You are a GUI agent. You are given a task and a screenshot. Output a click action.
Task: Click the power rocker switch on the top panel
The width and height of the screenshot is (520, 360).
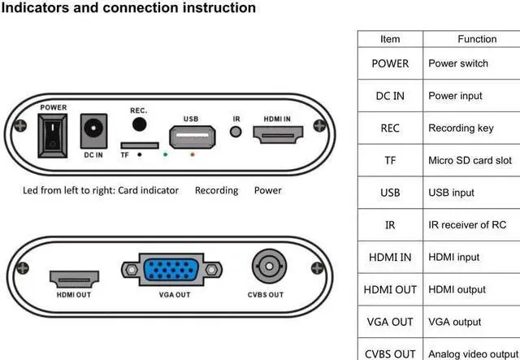point(51,131)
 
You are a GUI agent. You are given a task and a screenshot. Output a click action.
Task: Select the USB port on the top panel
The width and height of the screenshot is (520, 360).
point(191,136)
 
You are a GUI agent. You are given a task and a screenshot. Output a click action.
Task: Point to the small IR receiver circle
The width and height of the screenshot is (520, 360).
point(236,132)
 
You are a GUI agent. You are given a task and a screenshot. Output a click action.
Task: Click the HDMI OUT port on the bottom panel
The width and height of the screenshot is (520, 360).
point(75,279)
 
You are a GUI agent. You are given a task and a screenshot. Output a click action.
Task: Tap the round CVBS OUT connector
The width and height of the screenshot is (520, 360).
point(266,266)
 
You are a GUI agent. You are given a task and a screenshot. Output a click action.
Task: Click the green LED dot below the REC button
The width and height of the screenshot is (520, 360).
point(166,152)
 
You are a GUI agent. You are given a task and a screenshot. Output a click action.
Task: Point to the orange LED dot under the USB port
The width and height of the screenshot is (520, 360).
point(192,153)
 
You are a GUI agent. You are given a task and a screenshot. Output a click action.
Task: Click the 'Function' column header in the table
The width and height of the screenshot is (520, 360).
point(477,39)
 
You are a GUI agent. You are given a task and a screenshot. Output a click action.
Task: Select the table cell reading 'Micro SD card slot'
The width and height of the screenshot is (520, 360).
point(470,160)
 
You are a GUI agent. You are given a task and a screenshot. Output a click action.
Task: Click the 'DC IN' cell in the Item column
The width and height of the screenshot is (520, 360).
point(390,96)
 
